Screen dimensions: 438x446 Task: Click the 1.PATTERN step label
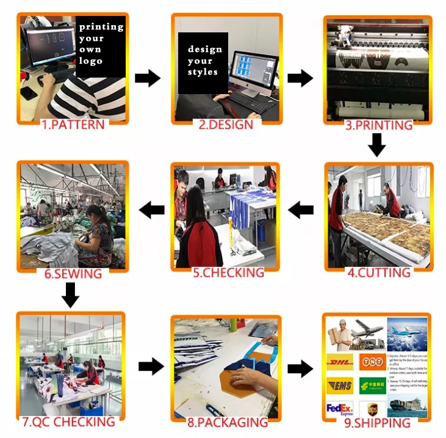tap(73, 125)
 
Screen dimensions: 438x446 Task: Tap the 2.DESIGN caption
tap(226, 125)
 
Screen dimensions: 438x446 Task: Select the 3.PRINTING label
tap(379, 125)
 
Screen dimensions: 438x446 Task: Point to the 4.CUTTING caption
tap(379, 272)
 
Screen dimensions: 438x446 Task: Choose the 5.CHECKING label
tap(228, 272)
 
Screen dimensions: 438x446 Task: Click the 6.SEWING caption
tap(73, 273)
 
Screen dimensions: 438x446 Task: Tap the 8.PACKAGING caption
tap(228, 422)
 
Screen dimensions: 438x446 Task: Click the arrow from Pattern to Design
tap(147, 78)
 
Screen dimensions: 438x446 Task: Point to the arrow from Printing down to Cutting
tap(377, 145)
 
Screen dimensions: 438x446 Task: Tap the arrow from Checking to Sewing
tap(152, 210)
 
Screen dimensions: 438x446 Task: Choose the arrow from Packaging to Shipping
tap(300, 368)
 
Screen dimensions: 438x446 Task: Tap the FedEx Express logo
tap(340, 407)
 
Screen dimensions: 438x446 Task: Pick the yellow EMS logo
tap(340, 385)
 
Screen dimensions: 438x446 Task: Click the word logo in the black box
tap(90, 61)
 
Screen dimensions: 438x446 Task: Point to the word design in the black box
tap(205, 49)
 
